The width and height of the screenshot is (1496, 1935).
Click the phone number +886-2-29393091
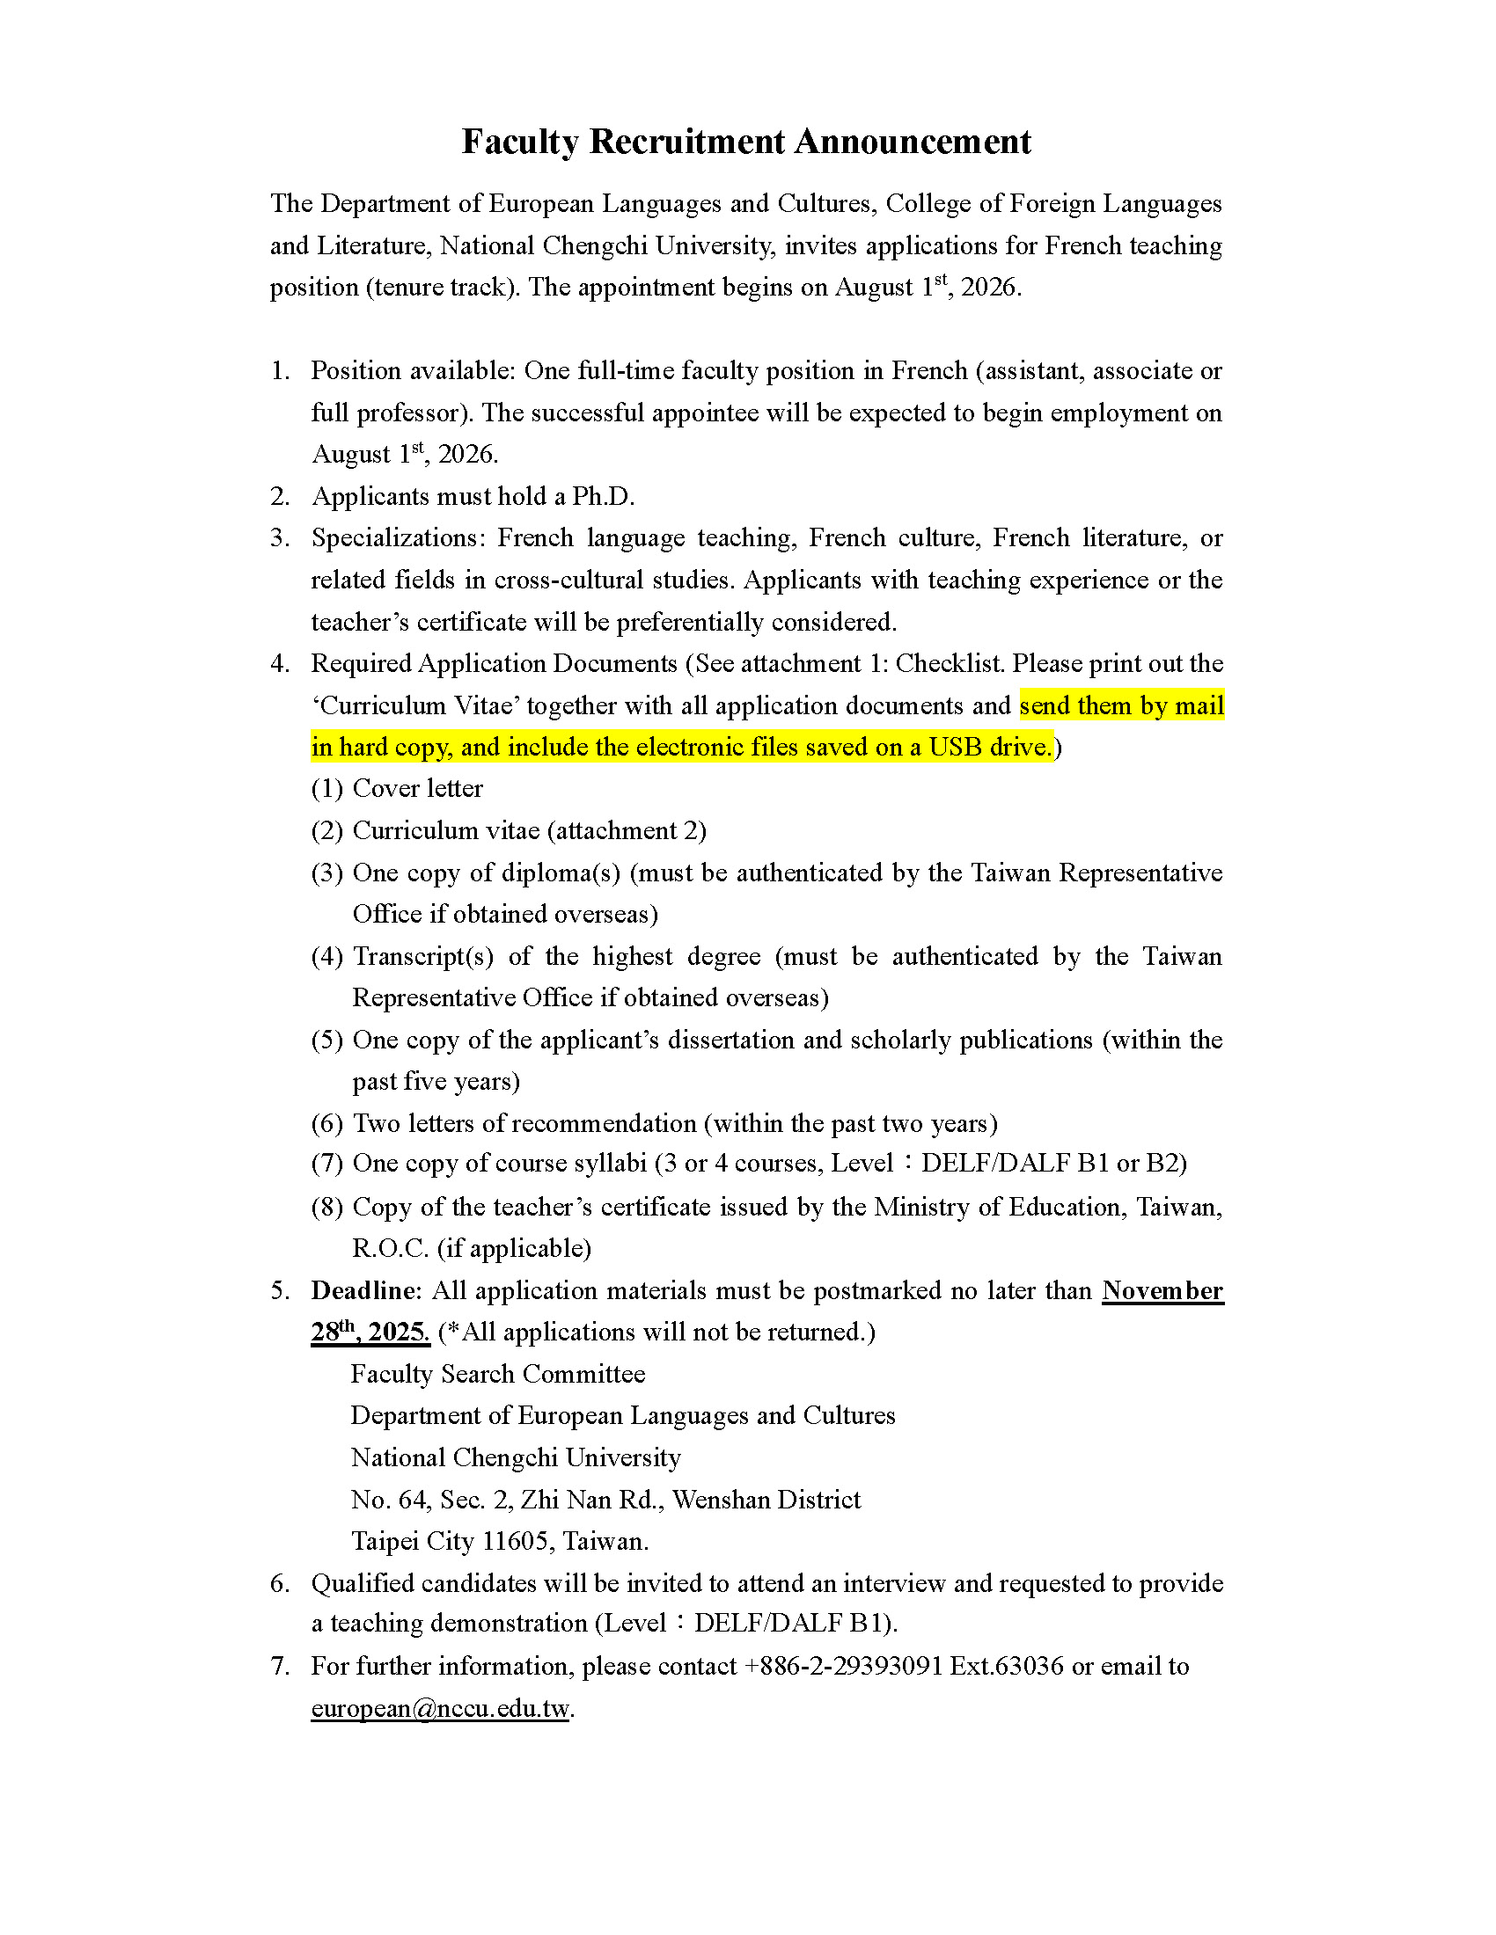tap(842, 1666)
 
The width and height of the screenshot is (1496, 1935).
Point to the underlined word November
tap(1162, 1290)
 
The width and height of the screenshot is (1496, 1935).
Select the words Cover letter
tap(417, 789)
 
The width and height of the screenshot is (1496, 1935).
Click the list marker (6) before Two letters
tap(326, 1123)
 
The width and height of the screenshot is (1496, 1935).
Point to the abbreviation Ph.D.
tap(603, 496)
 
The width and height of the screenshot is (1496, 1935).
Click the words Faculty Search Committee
tap(497, 1374)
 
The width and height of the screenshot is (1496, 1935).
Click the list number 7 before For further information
tap(279, 1666)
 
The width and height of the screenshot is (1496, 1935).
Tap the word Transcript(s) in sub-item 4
tap(422, 956)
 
